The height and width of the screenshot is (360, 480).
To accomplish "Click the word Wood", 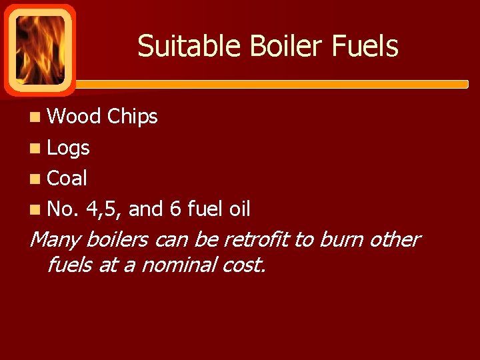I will (x=74, y=117).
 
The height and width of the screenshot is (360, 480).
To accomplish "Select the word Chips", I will (x=132, y=117).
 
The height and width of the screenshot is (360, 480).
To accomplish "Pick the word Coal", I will (x=67, y=179).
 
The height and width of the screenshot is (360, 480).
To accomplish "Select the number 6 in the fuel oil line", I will (x=175, y=209).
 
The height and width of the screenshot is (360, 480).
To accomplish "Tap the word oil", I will (x=239, y=209).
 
